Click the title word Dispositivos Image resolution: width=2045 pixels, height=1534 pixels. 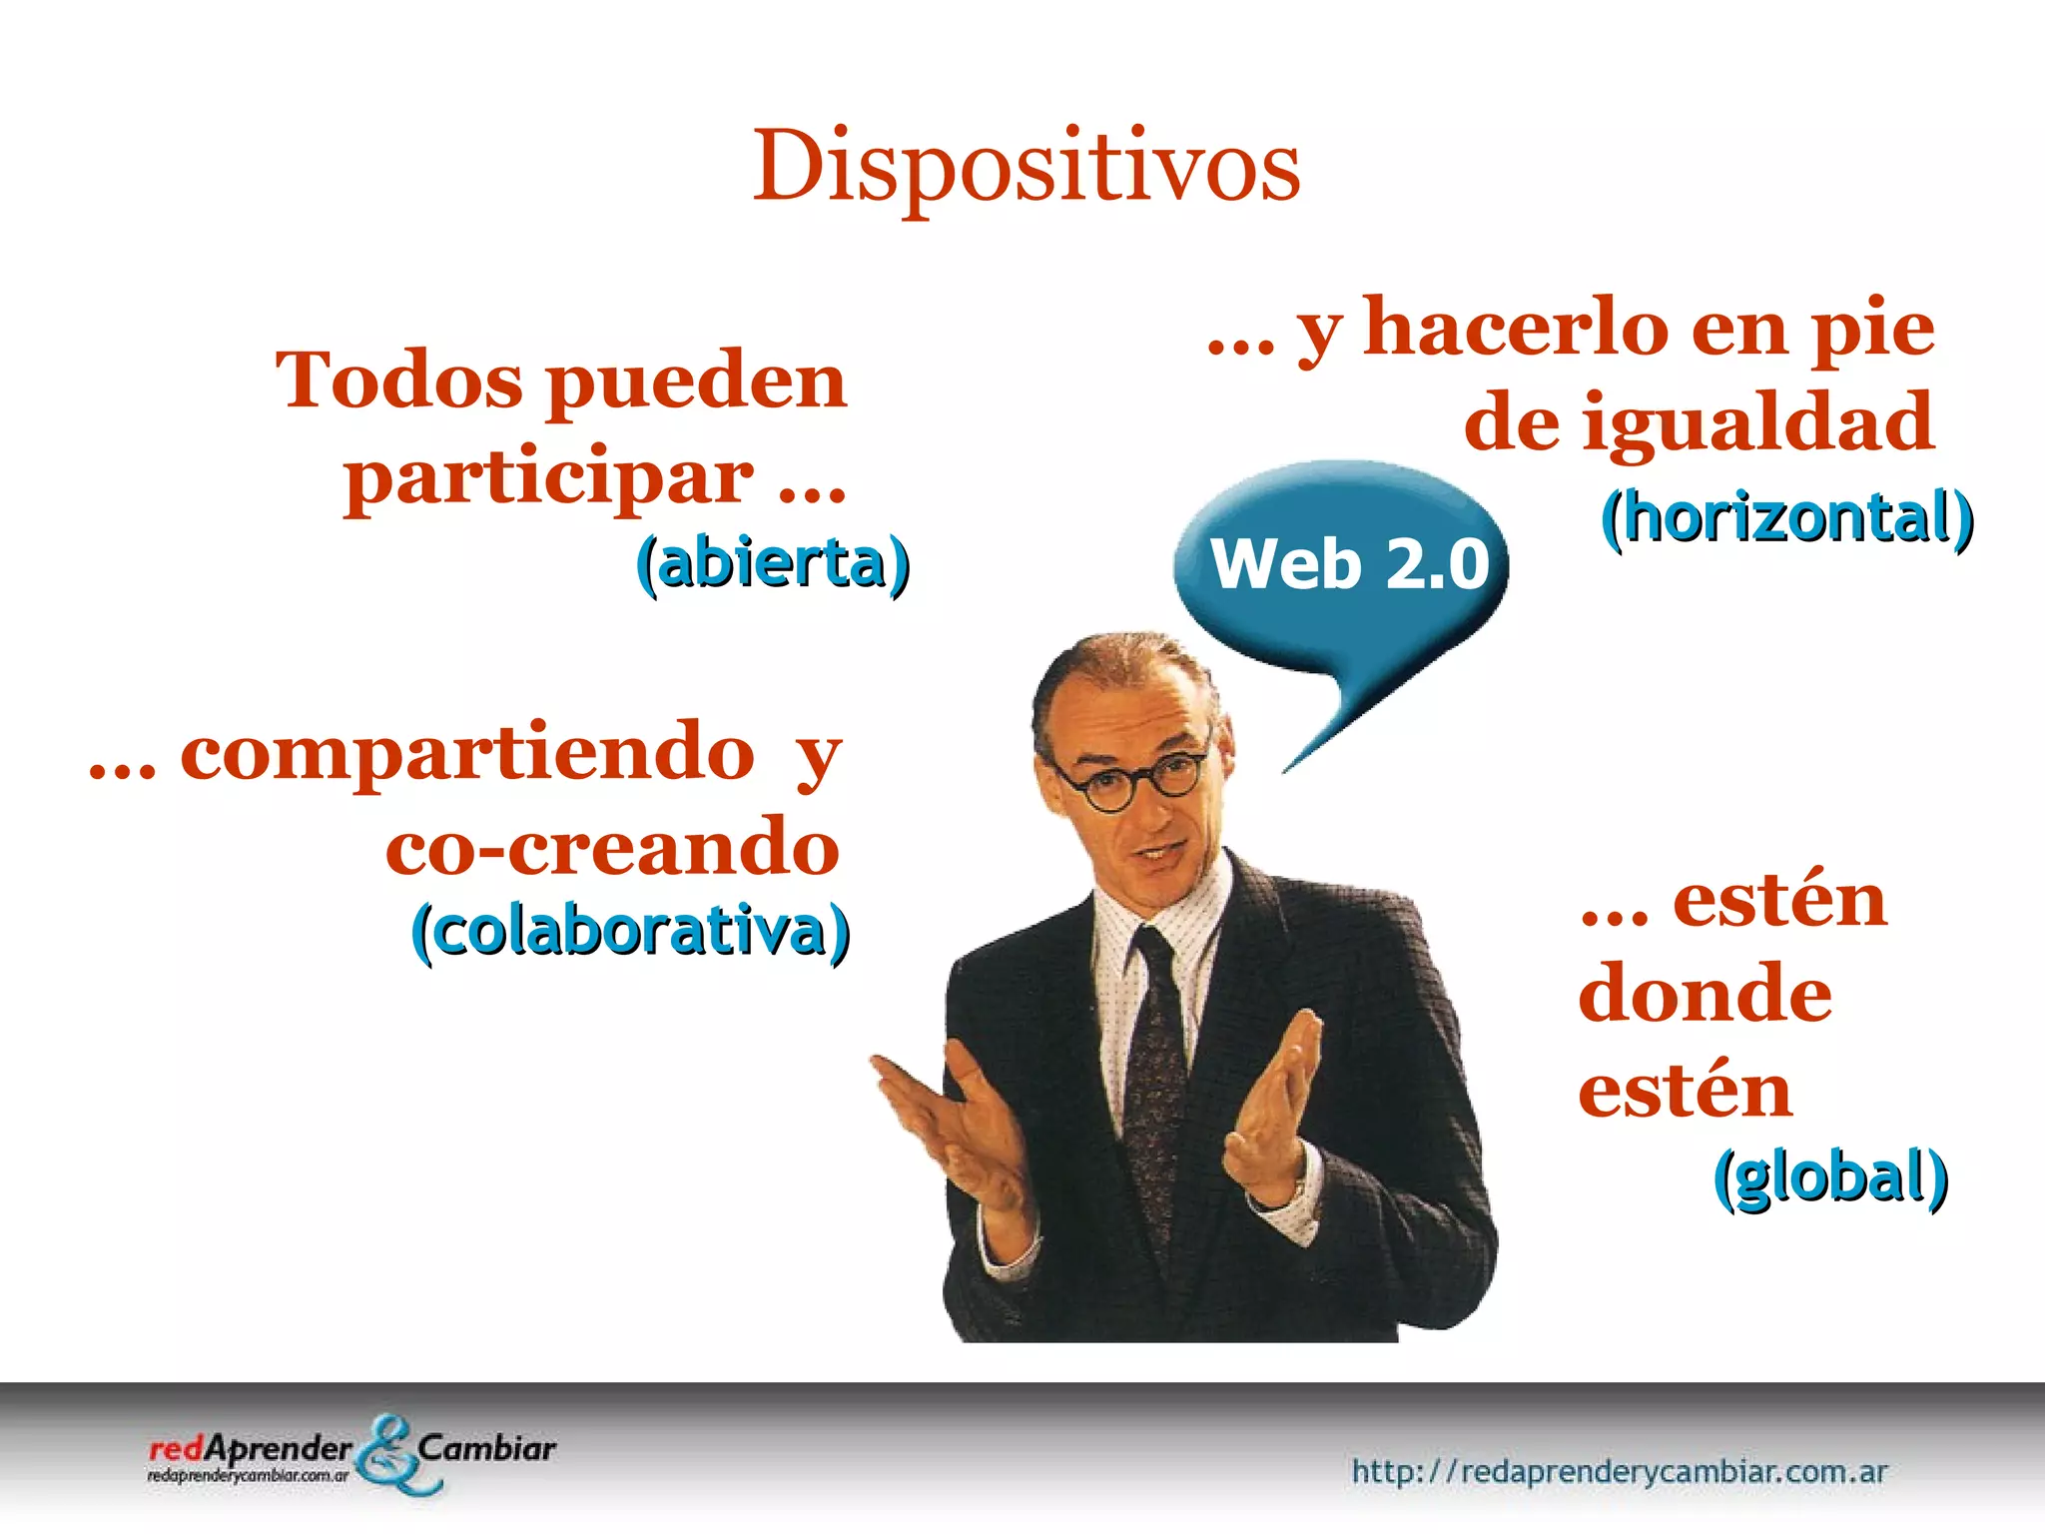click(x=1025, y=167)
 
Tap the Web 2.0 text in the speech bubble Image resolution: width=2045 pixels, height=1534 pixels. click(x=1349, y=564)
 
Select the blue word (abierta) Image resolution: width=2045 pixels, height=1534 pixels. click(x=773, y=563)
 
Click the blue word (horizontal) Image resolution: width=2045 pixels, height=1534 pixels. click(x=1786, y=518)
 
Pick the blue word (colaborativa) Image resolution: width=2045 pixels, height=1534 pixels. click(x=630, y=932)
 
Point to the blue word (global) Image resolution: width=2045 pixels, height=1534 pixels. click(x=1830, y=1176)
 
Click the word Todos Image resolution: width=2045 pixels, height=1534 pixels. click(x=399, y=381)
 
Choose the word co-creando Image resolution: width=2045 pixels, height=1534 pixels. click(x=612, y=847)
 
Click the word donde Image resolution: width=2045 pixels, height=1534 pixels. click(x=1704, y=994)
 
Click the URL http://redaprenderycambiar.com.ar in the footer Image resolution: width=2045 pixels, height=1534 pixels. click(x=1619, y=1471)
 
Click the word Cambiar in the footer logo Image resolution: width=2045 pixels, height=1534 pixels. click(x=486, y=1447)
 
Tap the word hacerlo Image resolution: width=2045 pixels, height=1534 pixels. click(x=1516, y=329)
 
